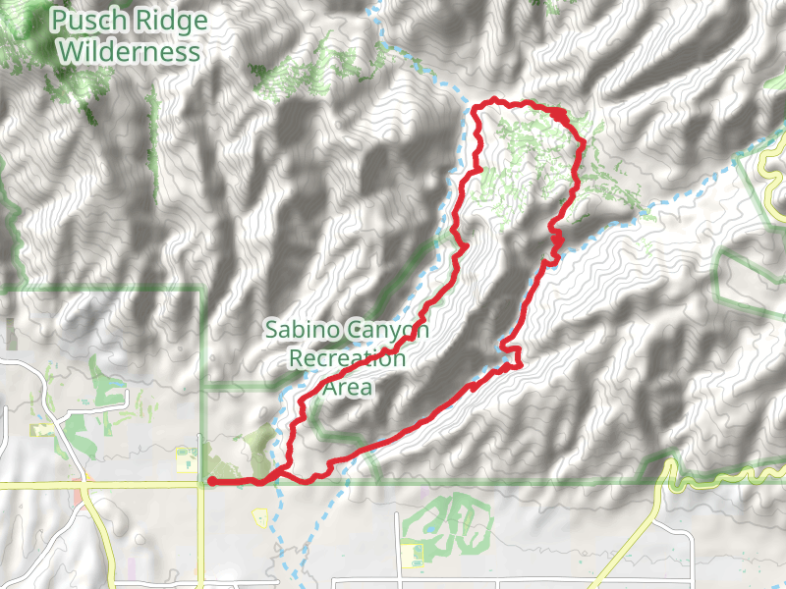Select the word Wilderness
click(129, 51)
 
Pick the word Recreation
click(347, 358)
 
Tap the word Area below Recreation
click(348, 387)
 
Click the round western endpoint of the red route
click(212, 481)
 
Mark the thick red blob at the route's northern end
click(559, 116)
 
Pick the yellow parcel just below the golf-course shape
click(413, 556)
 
